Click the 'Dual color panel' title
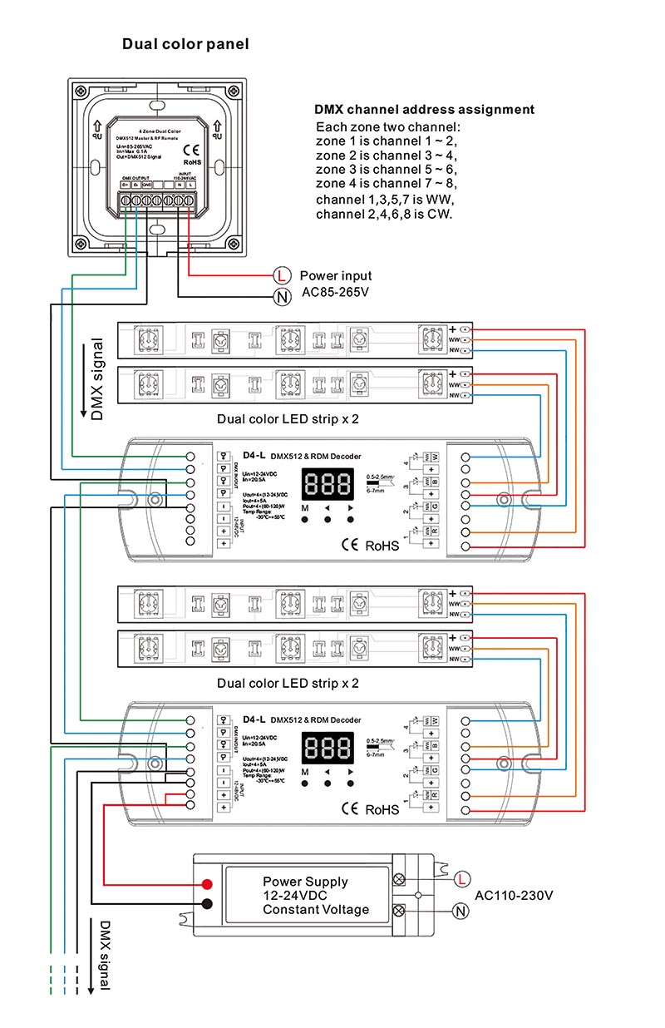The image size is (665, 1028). point(185,44)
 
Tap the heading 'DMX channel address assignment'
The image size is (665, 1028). point(424,110)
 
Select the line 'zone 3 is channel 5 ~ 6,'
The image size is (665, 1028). point(387,170)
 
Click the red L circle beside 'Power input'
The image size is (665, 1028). point(282,275)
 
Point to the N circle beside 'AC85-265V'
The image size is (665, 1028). point(282,297)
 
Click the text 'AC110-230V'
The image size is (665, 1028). point(514,896)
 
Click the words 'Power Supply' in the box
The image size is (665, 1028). point(305,882)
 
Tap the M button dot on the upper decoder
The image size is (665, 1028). point(305,519)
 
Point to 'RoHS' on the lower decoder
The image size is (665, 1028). point(382,808)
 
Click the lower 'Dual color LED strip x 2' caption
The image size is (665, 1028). point(288,683)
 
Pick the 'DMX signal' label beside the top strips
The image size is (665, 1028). point(97,378)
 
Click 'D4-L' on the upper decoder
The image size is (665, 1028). point(254,453)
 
